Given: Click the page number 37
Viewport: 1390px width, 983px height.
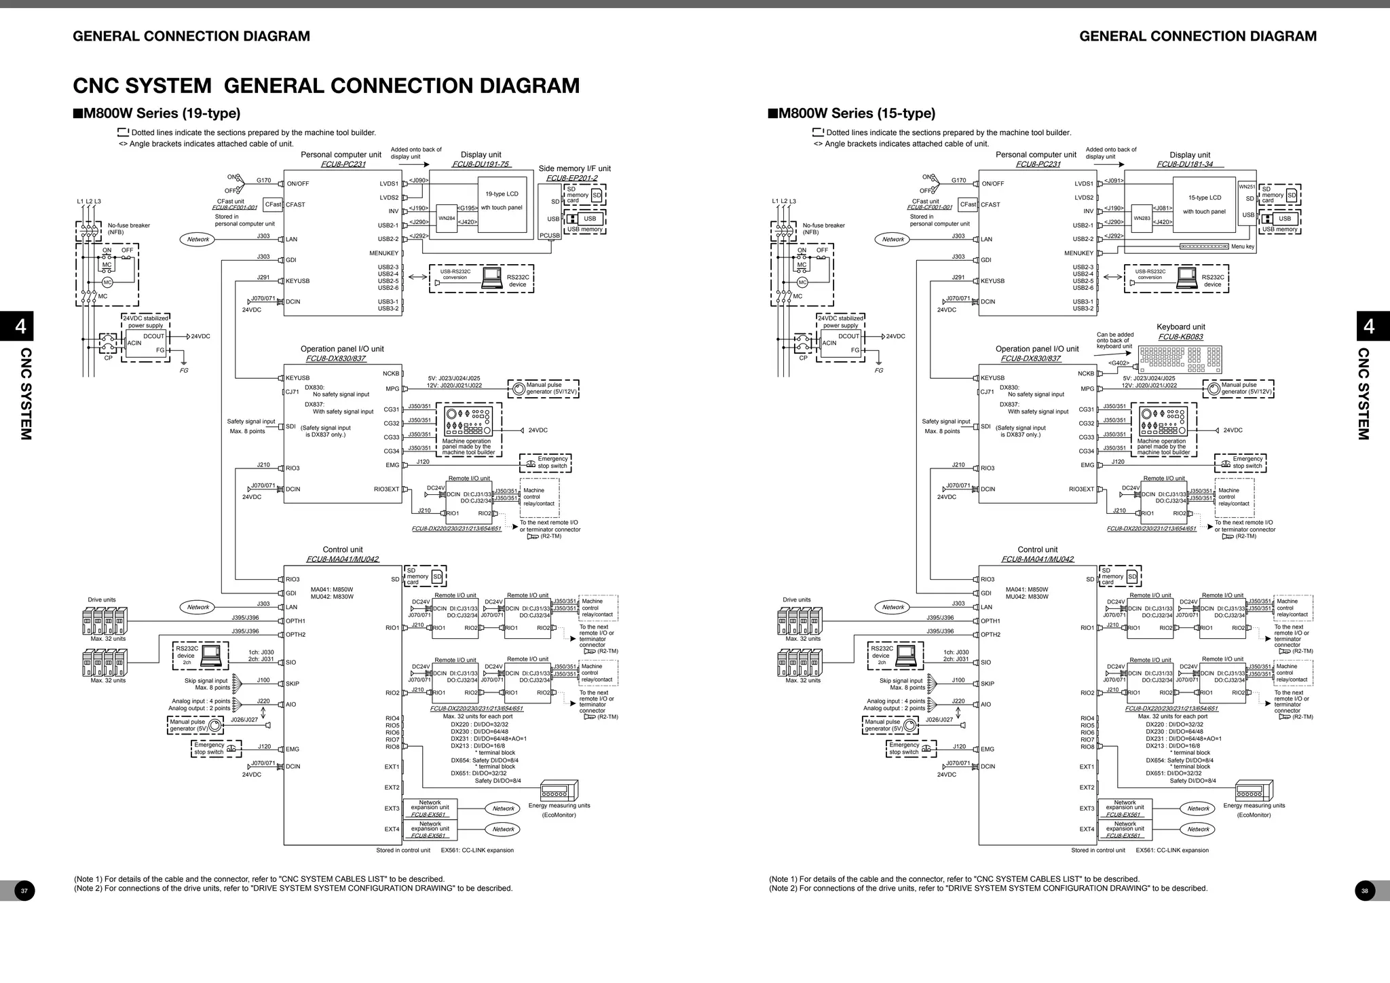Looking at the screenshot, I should (x=24, y=891).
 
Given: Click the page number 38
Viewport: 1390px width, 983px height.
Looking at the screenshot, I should (x=1365, y=891).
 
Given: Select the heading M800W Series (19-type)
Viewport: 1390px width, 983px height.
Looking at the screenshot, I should (x=157, y=113).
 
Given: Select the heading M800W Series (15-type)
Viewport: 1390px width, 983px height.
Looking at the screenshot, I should (x=852, y=113).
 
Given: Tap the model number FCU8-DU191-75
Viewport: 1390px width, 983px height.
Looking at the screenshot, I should (x=481, y=164).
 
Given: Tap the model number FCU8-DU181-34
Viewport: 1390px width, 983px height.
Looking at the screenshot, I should (x=1184, y=164).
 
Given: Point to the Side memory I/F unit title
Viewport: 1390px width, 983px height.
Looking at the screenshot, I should (x=574, y=169).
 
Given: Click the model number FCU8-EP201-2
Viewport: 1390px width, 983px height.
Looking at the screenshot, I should (x=571, y=179).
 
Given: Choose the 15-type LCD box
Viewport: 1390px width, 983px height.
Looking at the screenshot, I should (x=1203, y=204).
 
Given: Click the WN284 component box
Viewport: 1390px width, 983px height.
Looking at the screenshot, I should (x=447, y=219).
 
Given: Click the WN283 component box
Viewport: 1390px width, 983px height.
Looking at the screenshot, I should (x=1141, y=219).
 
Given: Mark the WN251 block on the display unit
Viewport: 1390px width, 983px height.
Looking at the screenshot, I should (x=1247, y=187).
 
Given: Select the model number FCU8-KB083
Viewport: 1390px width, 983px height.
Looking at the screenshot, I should (x=1180, y=337).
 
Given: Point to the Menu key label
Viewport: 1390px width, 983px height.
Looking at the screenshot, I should (x=1243, y=246).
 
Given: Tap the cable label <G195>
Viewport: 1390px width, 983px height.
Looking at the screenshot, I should (x=468, y=208).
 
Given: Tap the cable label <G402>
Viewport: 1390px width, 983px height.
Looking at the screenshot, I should (x=1119, y=363).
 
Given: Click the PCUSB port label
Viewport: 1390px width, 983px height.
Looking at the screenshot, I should (x=550, y=236).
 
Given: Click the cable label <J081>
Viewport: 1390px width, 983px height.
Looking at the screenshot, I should (x=1163, y=208).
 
